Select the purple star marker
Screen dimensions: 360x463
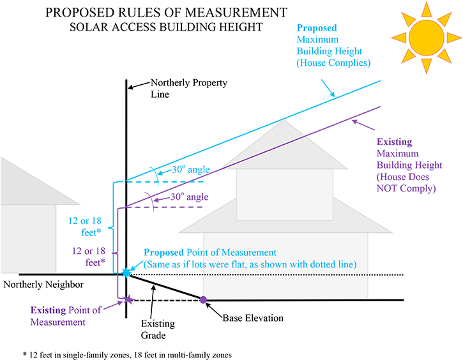coord(128,299)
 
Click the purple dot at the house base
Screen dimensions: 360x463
coord(203,299)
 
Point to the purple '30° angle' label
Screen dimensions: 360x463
coord(189,197)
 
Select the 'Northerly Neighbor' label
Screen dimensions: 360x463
coord(43,284)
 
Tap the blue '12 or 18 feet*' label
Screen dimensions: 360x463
coord(86,227)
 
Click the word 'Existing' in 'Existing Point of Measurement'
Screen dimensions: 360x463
coord(48,310)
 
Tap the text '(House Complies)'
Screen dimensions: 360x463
coord(333,63)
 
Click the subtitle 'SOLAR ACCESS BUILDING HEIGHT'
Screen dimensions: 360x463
coord(166,27)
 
